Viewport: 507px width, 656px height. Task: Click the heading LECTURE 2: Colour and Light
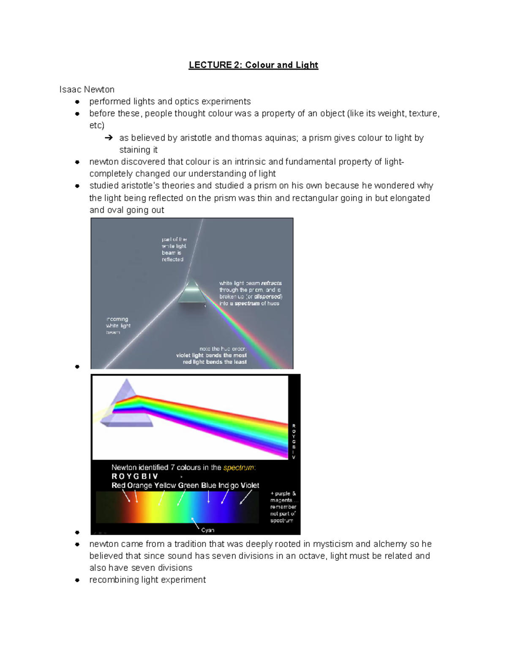click(x=253, y=65)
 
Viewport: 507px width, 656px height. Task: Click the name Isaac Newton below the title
click(x=87, y=90)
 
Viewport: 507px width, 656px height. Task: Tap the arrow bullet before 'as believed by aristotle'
click(x=109, y=138)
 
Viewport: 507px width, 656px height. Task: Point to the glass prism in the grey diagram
click(x=192, y=291)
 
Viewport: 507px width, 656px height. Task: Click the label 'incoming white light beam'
click(x=118, y=326)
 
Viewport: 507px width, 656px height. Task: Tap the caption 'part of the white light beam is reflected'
click(x=174, y=249)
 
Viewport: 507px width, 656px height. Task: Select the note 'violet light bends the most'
click(x=211, y=355)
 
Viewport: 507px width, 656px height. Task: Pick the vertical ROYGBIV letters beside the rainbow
click(x=294, y=441)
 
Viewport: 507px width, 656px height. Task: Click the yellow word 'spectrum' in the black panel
click(x=239, y=468)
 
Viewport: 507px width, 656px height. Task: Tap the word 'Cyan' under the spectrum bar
click(x=207, y=530)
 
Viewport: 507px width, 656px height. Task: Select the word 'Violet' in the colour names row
click(x=250, y=485)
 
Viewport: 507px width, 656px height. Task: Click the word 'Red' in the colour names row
click(x=118, y=485)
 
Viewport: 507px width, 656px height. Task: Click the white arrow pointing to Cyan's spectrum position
click(x=195, y=523)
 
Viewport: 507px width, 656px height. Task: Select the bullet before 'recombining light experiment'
click(x=77, y=580)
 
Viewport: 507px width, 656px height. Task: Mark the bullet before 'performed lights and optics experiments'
click(x=77, y=102)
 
